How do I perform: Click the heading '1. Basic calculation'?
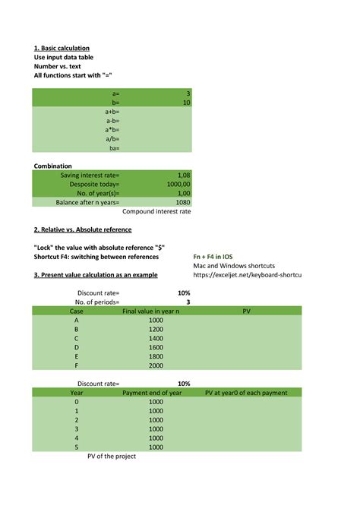click(x=62, y=48)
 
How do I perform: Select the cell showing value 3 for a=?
click(x=188, y=93)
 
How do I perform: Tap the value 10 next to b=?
click(x=186, y=102)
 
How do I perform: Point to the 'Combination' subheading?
click(x=53, y=166)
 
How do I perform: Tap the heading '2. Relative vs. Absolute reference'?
click(x=83, y=229)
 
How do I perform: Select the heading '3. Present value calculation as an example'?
click(x=96, y=275)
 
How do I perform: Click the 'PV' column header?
click(x=246, y=311)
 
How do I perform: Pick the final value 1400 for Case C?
click(x=156, y=338)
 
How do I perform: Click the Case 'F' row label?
click(x=76, y=365)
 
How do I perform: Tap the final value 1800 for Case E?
click(x=156, y=356)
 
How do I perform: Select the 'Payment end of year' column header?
click(x=152, y=393)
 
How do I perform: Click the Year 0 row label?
click(x=76, y=402)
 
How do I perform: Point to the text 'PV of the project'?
click(x=113, y=457)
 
